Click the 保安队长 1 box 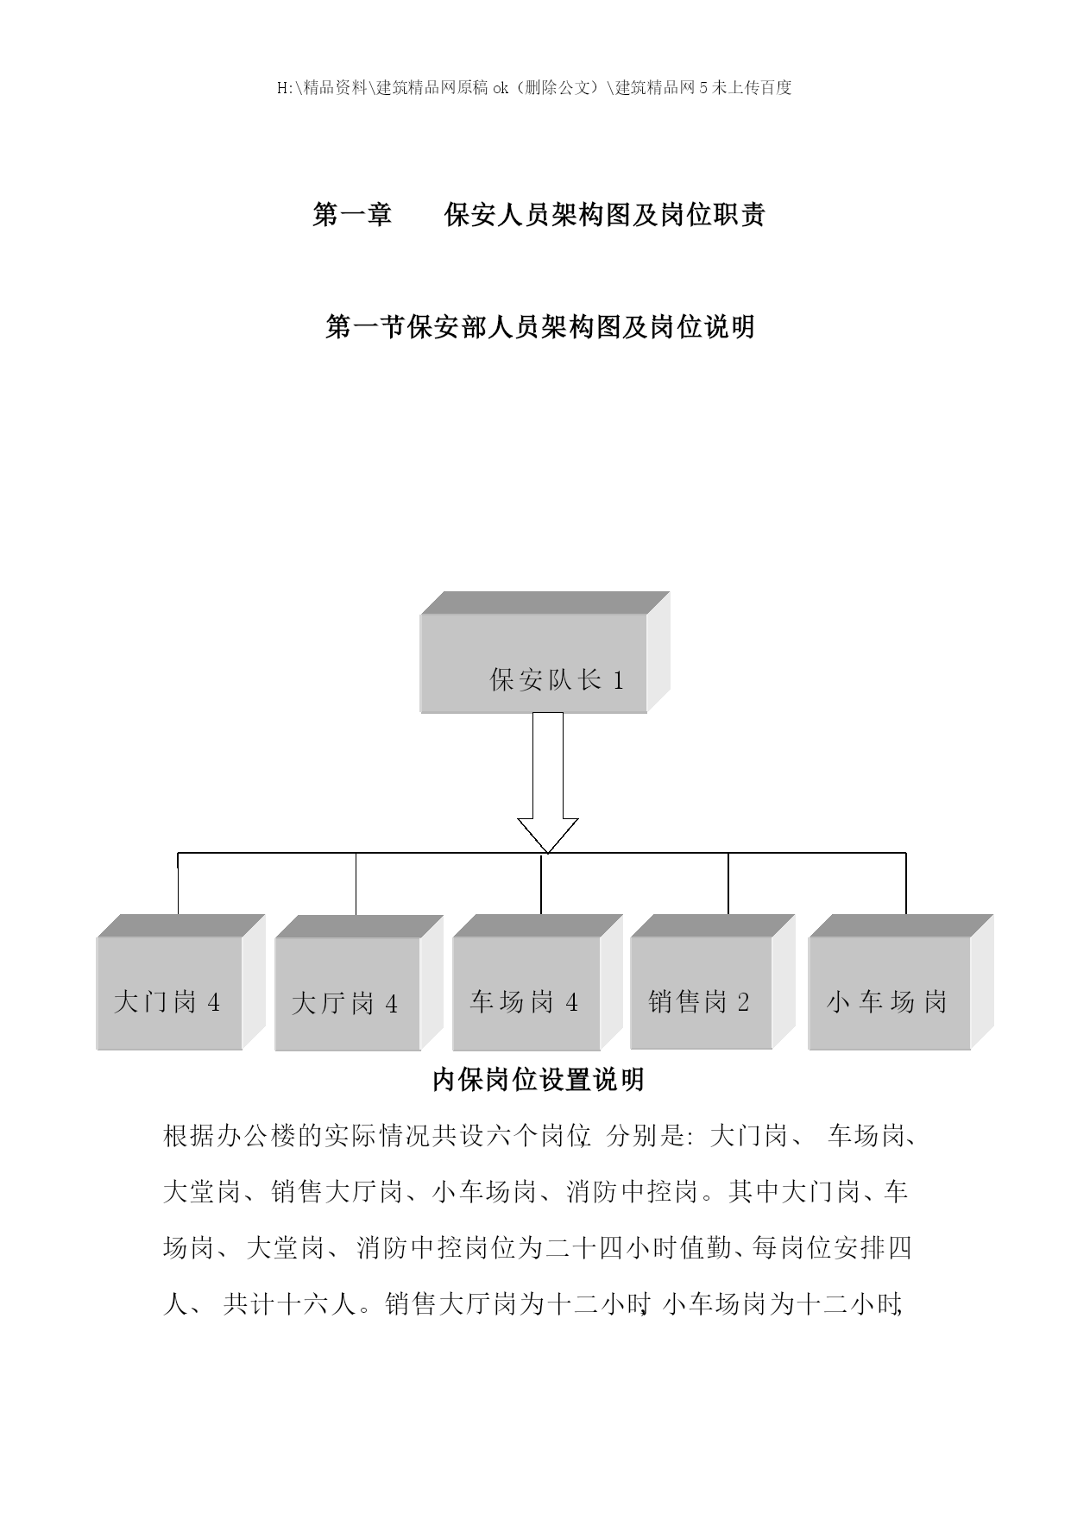coord(545,653)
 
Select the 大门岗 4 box coord(180,982)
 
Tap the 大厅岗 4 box coord(359,983)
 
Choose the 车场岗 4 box coord(537,982)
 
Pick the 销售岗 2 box coord(713,981)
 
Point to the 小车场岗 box coord(901,982)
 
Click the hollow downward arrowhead coord(547,835)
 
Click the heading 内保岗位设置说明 coord(538,1080)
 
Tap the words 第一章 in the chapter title coord(352,215)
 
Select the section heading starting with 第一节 coord(540,327)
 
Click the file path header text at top coord(535,87)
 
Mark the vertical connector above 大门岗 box coord(178,884)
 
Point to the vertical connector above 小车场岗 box coord(906,884)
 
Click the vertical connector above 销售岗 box coord(728,884)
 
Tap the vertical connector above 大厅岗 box coord(356,884)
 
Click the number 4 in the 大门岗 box coord(213,1003)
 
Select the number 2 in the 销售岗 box coord(743,1002)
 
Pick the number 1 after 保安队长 coord(618,680)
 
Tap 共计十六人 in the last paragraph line coord(289,1303)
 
